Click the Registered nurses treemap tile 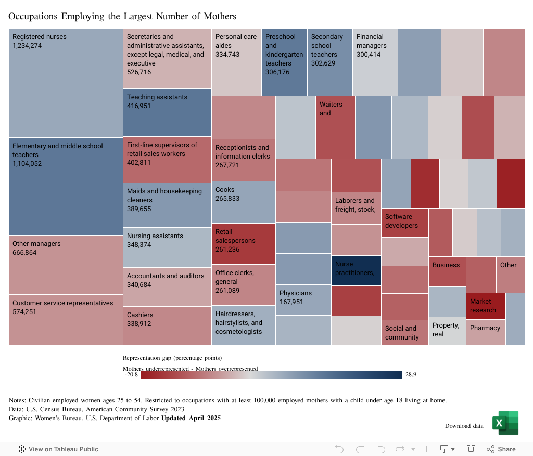pos(66,83)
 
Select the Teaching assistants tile pos(167,112)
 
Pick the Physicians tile pos(303,299)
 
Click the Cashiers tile pos(167,325)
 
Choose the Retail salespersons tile pos(243,243)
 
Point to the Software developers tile pos(405,222)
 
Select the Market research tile pos(486,306)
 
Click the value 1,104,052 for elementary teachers pos(27,164)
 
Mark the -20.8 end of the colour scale pos(132,375)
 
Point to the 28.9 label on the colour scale pos(410,375)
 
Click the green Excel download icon pos(505,423)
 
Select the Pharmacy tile pos(485,333)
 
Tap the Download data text pos(464,426)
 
